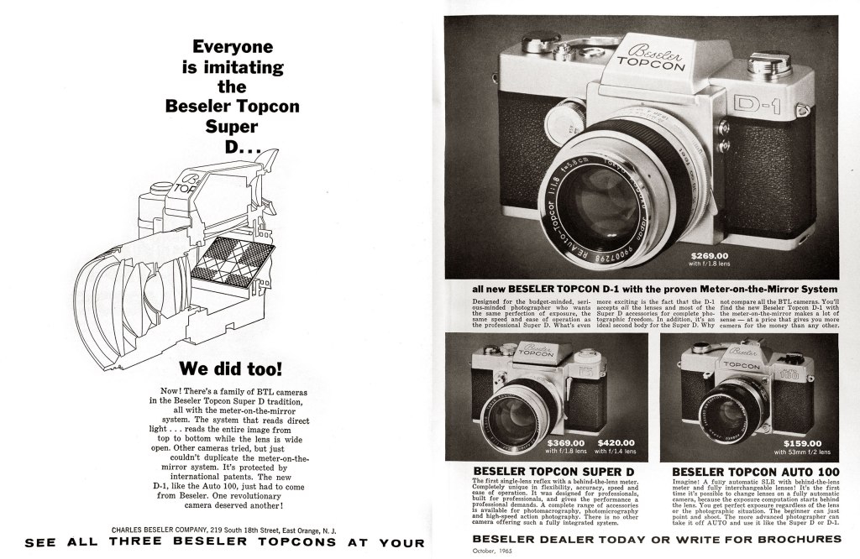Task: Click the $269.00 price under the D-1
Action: pos(710,255)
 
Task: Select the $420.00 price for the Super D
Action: pos(616,442)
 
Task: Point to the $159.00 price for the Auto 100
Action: pos(803,443)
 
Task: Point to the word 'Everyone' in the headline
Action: pos(233,48)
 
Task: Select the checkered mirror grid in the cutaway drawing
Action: pos(222,259)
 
